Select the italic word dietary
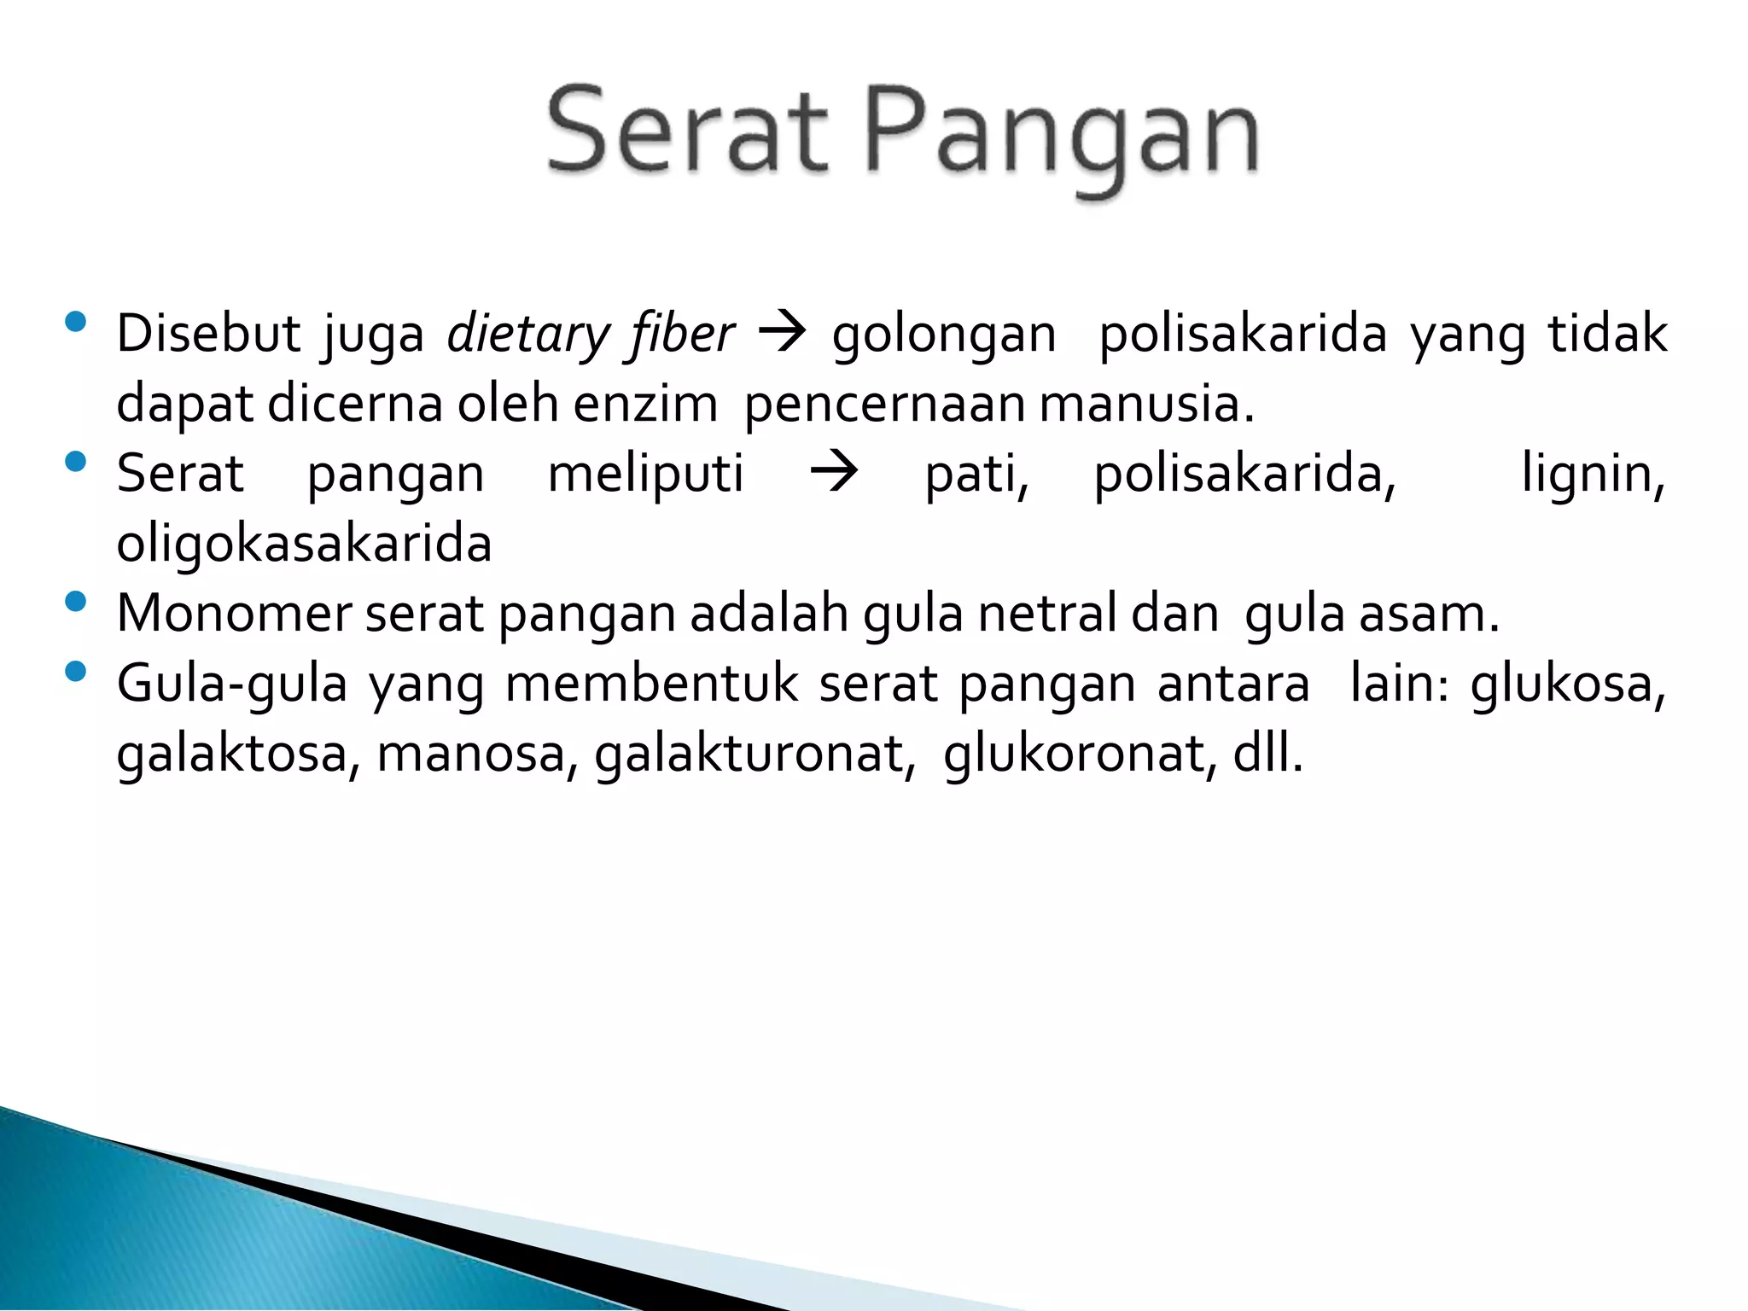[527, 334]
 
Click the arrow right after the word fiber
[782, 333]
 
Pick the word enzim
[645, 404]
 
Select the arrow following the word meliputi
[834, 473]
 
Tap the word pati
[977, 475]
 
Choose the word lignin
[1593, 475]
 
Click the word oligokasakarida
[305, 545]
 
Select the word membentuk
[652, 684]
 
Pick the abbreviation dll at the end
[1267, 755]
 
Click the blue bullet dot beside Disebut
[75, 322]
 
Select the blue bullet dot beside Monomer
[75, 602]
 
